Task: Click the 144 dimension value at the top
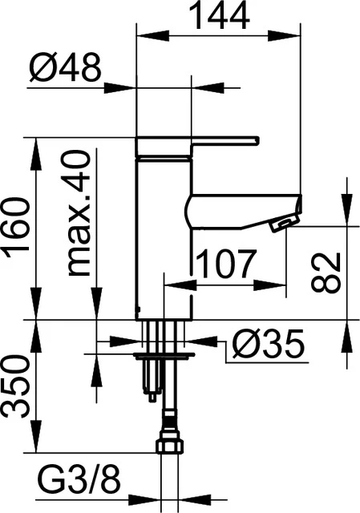219,16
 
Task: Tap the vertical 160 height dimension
18,228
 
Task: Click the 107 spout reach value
225,263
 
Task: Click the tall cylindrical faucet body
164,240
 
